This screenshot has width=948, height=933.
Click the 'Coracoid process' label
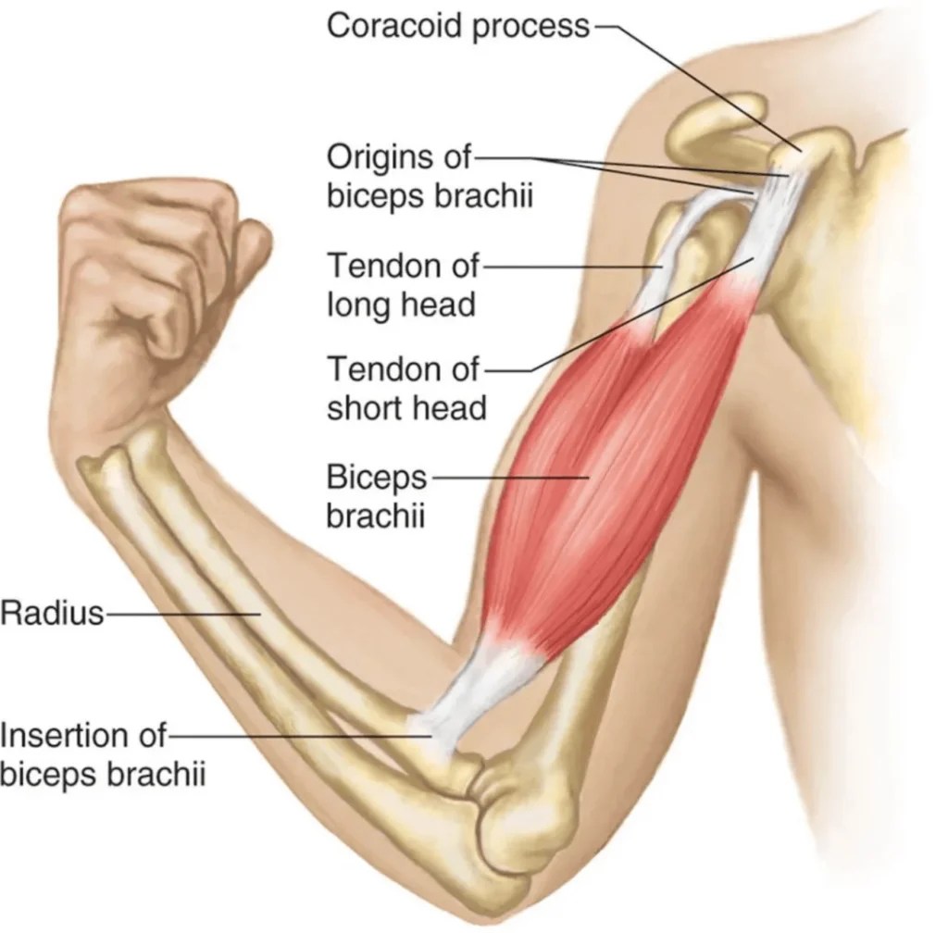(x=457, y=25)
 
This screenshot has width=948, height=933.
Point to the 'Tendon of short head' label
(x=405, y=389)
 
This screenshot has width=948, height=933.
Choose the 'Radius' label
(x=51, y=613)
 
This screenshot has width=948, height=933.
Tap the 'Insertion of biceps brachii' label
(x=101, y=753)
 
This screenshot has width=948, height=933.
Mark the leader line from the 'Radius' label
(x=181, y=613)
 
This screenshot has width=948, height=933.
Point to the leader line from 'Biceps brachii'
(x=509, y=478)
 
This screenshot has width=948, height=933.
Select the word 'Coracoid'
(x=380, y=25)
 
